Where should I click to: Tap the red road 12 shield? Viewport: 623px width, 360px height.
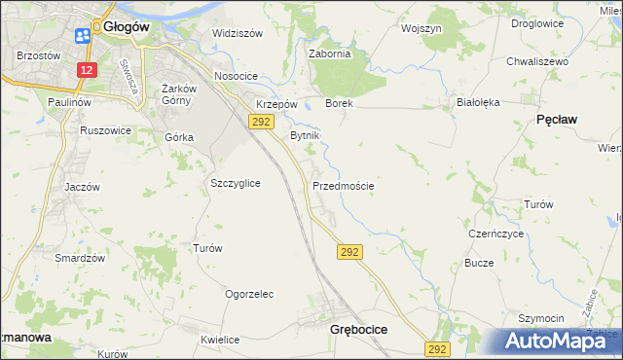[x=88, y=71]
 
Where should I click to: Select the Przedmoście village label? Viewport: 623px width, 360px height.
[x=343, y=185]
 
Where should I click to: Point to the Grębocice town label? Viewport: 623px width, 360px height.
[x=351, y=330]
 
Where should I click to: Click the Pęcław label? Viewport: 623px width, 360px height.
[x=557, y=119]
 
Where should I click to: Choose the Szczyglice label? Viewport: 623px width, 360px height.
[x=235, y=183]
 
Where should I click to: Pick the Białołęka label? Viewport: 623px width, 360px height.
[x=477, y=101]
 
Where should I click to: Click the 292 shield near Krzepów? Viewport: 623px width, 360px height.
[x=260, y=122]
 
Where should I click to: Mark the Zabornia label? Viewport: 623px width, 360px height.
[x=329, y=54]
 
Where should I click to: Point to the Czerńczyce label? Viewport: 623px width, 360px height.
[x=496, y=234]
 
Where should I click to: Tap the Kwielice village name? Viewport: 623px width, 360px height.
[x=220, y=340]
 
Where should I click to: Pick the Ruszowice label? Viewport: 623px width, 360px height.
[x=106, y=129]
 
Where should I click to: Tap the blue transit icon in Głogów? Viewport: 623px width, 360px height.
[x=82, y=36]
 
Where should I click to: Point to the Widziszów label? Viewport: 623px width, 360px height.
[x=238, y=33]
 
